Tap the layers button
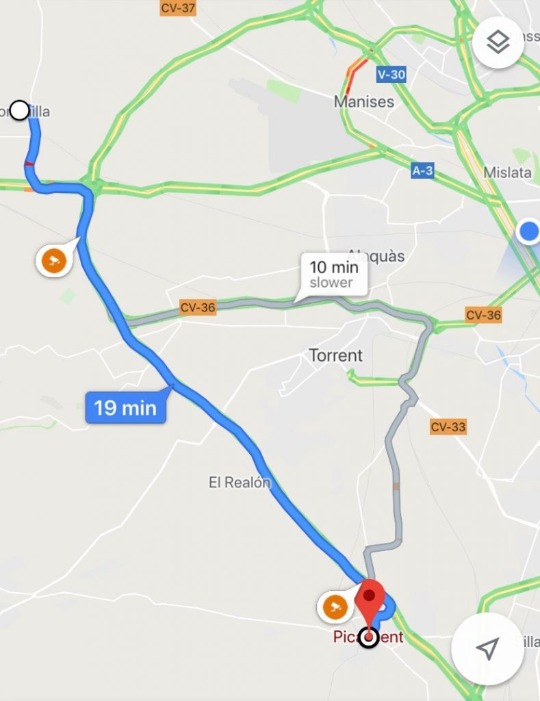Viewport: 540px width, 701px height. point(498,42)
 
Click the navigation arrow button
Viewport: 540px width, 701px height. point(487,648)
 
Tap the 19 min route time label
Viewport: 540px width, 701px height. point(125,408)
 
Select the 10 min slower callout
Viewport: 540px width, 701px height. point(333,274)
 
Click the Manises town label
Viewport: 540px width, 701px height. point(364,102)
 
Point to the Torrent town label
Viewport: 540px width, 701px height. point(335,355)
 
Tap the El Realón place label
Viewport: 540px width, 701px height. point(240,483)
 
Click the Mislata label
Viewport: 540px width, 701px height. point(507,172)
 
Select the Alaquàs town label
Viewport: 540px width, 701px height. point(376,256)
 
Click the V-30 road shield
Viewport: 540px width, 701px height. point(391,75)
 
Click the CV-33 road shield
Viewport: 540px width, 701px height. point(448,428)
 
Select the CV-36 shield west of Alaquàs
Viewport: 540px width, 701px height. point(197,307)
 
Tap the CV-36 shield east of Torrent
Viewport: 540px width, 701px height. point(483,316)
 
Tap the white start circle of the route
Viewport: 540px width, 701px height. point(20,110)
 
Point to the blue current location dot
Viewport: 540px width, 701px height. point(529,231)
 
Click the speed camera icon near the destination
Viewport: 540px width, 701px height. point(334,606)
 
